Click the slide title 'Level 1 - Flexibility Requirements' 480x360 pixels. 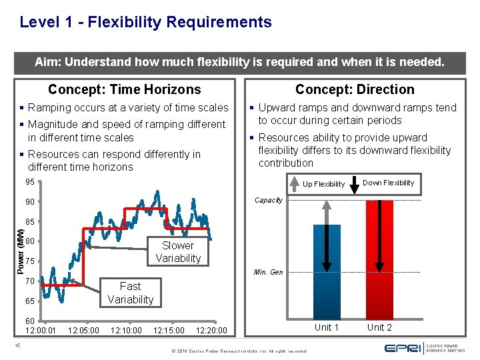click(x=145, y=22)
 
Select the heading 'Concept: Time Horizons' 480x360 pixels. click(x=124, y=89)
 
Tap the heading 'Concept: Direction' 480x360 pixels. click(x=354, y=89)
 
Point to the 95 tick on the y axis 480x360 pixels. click(x=31, y=182)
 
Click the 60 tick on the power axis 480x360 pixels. click(x=31, y=321)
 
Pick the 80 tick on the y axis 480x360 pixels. click(x=31, y=241)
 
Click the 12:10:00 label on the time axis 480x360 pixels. click(x=126, y=330)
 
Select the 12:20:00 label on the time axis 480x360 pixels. click(x=211, y=330)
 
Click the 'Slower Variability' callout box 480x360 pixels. click(x=178, y=252)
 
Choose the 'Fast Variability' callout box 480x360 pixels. click(x=130, y=293)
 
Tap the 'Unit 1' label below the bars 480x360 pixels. click(x=327, y=327)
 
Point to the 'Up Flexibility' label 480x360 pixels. click(x=323, y=184)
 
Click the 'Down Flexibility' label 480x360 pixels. click(x=388, y=183)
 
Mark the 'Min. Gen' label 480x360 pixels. click(x=269, y=272)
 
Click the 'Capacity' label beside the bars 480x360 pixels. click(x=269, y=200)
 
